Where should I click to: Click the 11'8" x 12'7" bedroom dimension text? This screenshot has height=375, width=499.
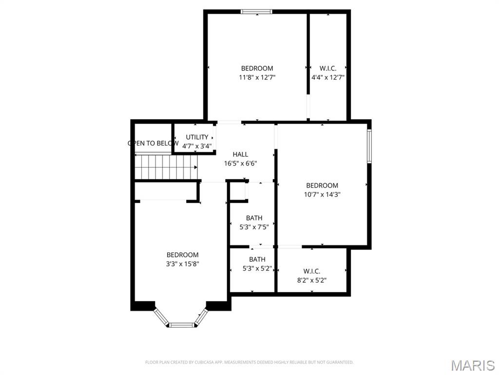[257, 77]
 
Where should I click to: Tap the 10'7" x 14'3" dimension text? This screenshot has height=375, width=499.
[322, 194]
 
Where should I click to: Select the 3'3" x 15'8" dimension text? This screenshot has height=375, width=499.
[183, 264]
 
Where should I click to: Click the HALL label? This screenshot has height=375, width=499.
[240, 154]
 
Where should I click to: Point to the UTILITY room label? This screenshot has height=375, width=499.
[197, 137]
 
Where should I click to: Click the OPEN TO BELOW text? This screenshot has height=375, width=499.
[153, 143]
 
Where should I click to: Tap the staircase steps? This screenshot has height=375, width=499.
[166, 167]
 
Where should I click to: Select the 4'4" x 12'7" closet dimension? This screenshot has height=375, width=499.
[328, 77]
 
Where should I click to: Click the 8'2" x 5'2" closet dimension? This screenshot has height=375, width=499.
[311, 280]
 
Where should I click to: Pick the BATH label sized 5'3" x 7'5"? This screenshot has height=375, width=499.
[254, 218]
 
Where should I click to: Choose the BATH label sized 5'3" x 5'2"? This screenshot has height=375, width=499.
[257, 259]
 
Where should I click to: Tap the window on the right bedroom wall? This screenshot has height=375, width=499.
[369, 146]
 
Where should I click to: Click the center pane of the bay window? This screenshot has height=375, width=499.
[181, 324]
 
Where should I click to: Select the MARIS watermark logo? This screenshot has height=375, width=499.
[472, 365]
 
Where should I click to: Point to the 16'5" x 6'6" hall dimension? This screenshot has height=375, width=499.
[240, 164]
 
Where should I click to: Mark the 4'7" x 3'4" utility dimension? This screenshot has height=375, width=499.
[197, 146]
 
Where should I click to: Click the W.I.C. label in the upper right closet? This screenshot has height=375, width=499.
[328, 68]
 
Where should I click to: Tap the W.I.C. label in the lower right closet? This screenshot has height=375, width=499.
[311, 271]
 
